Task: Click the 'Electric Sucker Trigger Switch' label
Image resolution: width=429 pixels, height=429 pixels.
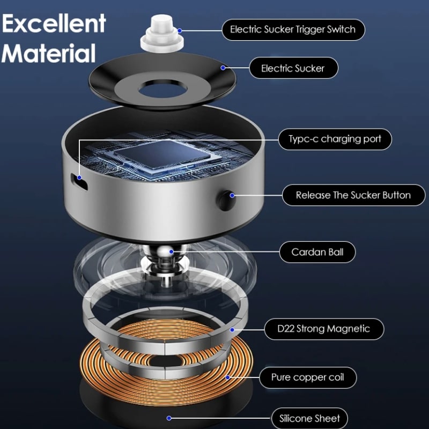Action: [293, 29]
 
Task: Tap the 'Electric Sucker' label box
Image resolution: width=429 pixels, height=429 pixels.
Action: [293, 68]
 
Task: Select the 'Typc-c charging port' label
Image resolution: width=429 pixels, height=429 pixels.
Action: [335, 139]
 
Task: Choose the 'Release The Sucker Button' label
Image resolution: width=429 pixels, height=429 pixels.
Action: [353, 195]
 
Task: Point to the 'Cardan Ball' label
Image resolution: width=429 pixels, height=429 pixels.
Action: [317, 252]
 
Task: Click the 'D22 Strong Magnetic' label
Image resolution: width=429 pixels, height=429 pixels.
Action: [324, 329]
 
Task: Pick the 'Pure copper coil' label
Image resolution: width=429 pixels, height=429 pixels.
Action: [307, 378]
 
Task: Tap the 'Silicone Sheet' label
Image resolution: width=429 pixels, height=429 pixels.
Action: [310, 418]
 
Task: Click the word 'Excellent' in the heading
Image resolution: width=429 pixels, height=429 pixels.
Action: [54, 24]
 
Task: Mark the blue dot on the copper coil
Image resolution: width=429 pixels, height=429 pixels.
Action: [227, 377]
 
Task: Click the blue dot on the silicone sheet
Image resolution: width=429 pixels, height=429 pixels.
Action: [169, 418]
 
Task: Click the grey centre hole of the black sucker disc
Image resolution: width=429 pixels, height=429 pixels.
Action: [160, 88]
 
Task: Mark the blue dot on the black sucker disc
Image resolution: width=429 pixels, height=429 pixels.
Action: [223, 68]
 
